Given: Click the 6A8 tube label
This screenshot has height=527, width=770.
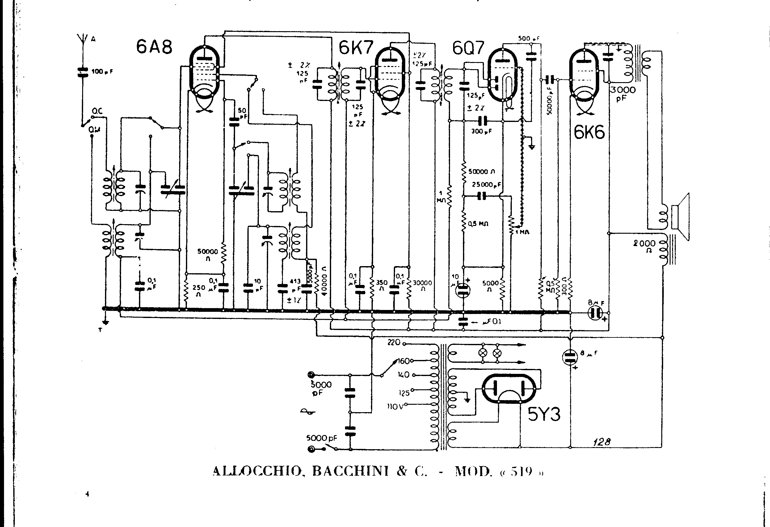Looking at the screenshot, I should tap(154, 47).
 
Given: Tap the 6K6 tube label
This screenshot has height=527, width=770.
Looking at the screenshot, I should tap(589, 132).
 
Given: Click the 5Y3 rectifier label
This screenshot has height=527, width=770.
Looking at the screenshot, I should tap(544, 414).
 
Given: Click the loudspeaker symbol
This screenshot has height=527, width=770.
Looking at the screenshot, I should tap(681, 217).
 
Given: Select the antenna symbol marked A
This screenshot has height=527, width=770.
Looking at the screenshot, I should tap(82, 39).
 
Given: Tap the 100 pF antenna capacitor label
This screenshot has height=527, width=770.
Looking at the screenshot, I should tap(102, 71).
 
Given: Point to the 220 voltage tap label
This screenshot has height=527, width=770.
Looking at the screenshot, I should tap(393, 342).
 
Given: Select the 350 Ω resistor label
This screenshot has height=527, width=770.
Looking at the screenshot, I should tap(382, 286).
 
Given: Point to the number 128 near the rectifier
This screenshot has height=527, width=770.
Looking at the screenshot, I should tap(602, 442).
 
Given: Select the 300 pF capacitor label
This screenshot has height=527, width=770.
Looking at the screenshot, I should tap(482, 131).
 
